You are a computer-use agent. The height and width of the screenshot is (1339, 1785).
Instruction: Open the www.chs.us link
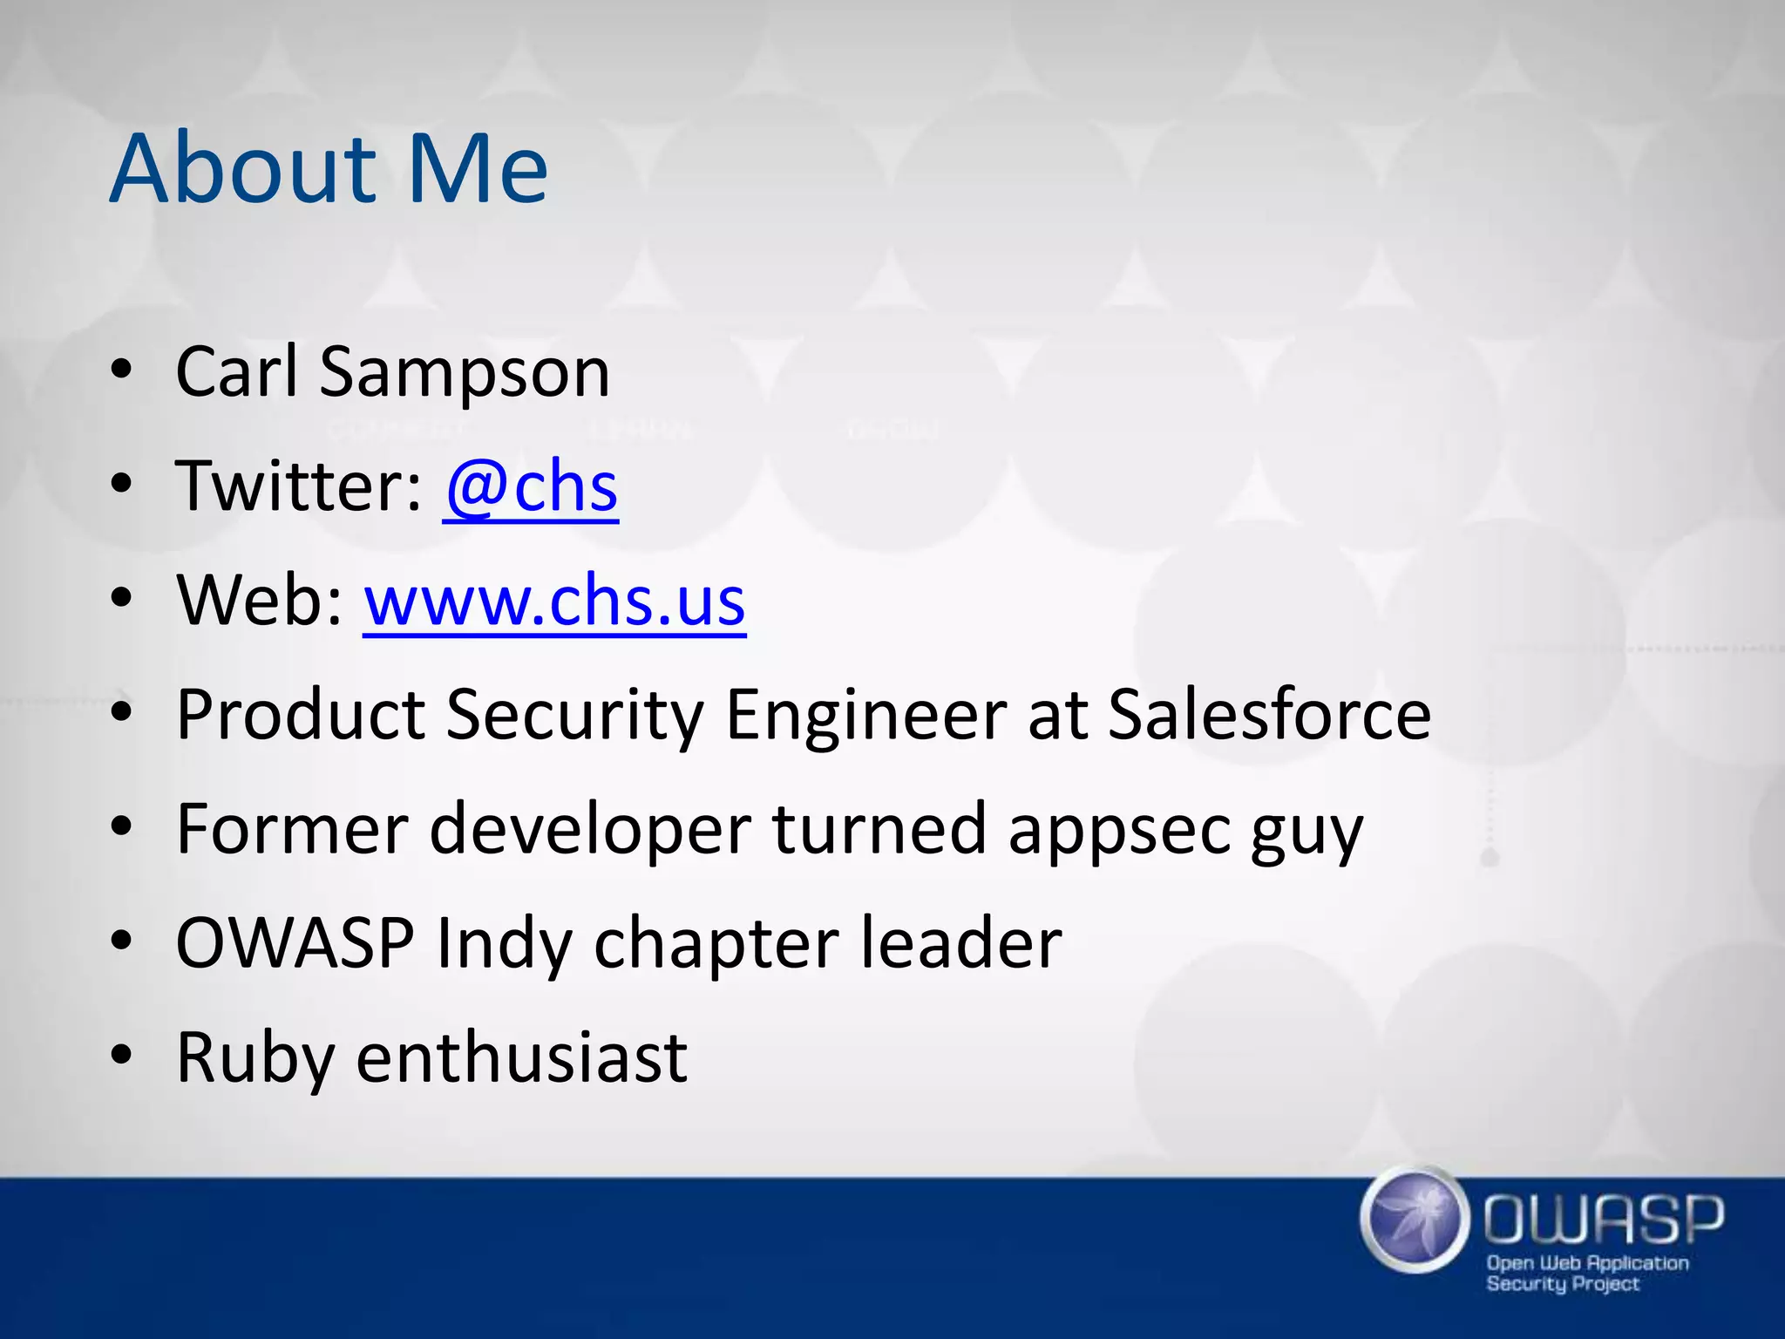tap(554, 602)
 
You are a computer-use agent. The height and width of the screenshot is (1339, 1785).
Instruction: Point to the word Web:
tap(260, 602)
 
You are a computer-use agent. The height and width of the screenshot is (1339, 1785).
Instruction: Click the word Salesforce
tap(1269, 715)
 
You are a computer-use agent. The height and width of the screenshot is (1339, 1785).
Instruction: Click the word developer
tap(590, 830)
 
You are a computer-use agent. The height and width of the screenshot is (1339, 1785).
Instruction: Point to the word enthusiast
tap(522, 1057)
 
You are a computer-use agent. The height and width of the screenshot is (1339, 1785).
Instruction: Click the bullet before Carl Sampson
tap(121, 371)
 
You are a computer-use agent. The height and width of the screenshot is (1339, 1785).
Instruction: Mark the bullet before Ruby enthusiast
tap(121, 1056)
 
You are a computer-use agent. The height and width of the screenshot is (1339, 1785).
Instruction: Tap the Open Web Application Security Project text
tap(1586, 1273)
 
